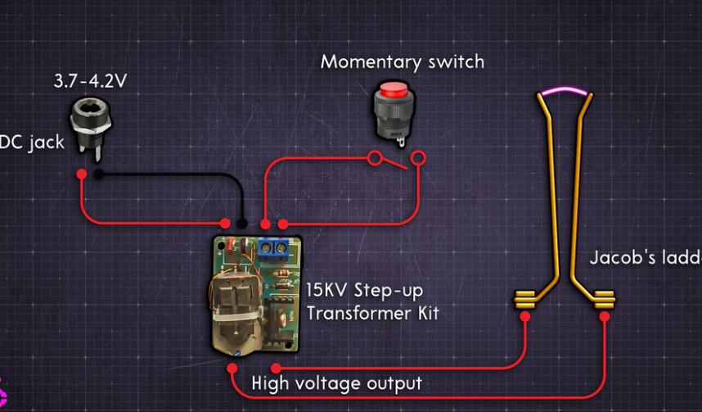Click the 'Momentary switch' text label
tap(402, 61)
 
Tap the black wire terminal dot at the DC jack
tap(98, 174)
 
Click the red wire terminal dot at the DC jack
tap(82, 174)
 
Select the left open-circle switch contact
tap(375, 158)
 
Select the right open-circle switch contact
tap(418, 157)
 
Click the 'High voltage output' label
tap(336, 383)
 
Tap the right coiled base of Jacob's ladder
tap(604, 300)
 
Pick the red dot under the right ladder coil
tap(605, 316)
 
